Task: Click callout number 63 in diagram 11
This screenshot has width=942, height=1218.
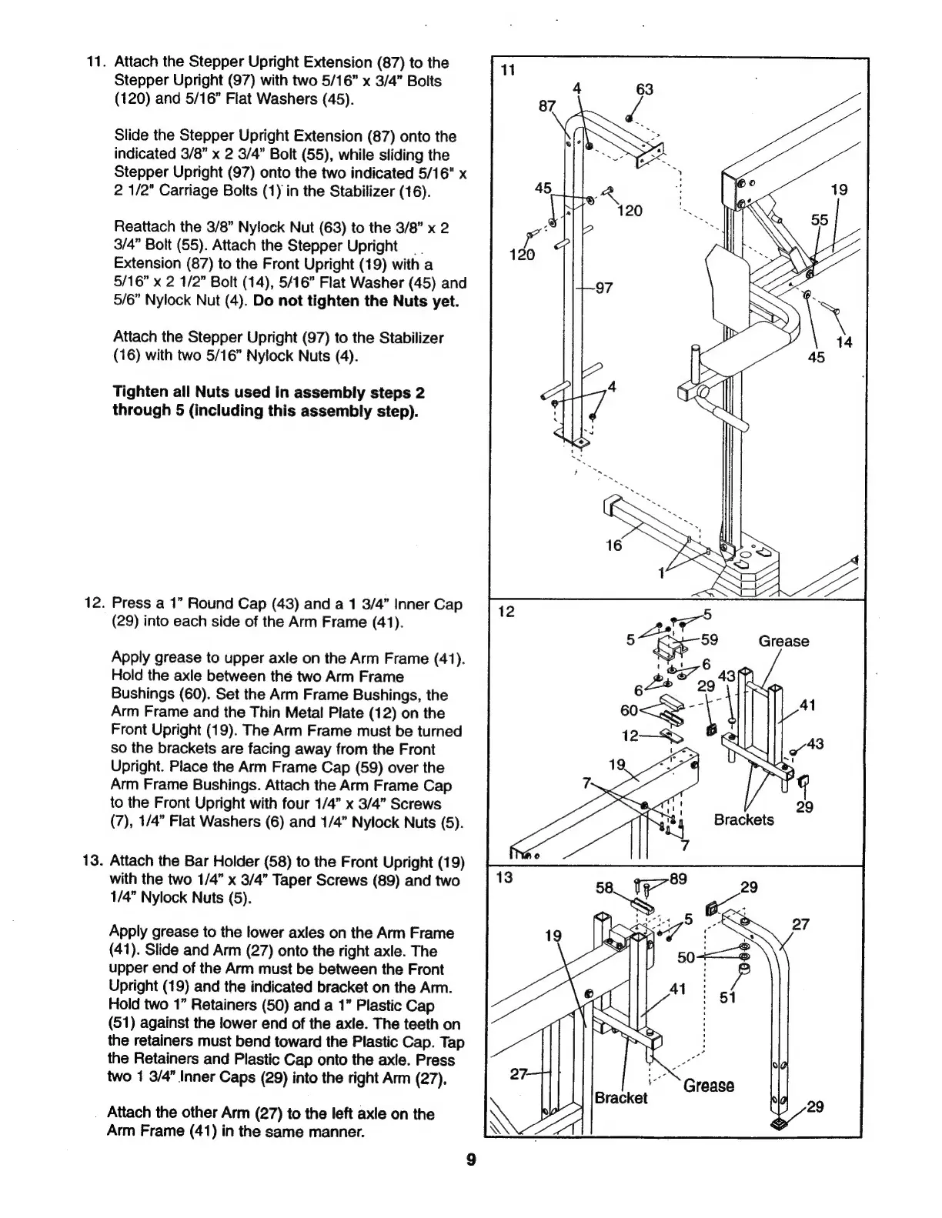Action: coord(644,90)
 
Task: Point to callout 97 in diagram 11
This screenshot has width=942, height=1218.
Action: coord(603,288)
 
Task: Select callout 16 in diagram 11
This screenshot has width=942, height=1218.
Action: coord(613,546)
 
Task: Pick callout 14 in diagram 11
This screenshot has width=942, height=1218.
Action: coord(844,342)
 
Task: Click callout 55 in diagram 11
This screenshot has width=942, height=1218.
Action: coord(820,220)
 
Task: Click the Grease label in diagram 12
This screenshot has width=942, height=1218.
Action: coord(783,642)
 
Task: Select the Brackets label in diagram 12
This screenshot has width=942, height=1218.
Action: coord(743,820)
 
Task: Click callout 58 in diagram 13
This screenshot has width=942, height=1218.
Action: coord(606,889)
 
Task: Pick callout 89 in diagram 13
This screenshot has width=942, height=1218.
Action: coord(678,879)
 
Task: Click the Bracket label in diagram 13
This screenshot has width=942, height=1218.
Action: coord(621,1098)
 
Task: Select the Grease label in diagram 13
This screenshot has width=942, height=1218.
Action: coord(708,1086)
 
